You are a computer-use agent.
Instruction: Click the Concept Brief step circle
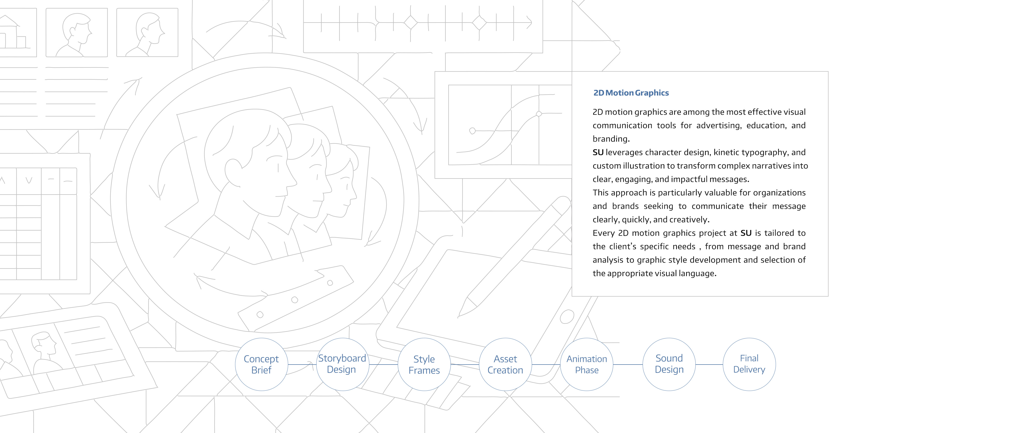[261, 364]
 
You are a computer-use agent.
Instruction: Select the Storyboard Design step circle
[343, 364]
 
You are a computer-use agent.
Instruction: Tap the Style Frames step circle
[424, 364]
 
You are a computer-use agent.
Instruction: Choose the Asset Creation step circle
[505, 364]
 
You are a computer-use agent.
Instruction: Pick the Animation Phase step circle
[587, 364]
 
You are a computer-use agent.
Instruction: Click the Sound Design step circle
[669, 364]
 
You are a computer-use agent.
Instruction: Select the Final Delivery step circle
[749, 364]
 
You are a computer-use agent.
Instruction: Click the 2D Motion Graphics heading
[631, 93]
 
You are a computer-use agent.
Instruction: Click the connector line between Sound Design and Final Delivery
[709, 364]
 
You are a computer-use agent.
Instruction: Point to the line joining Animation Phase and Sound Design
[628, 364]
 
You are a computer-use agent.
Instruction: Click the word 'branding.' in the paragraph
[611, 139]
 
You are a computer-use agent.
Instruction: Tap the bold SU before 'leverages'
[598, 152]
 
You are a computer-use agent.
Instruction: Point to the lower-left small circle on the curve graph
[473, 131]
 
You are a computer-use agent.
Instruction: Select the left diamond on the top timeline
[410, 23]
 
